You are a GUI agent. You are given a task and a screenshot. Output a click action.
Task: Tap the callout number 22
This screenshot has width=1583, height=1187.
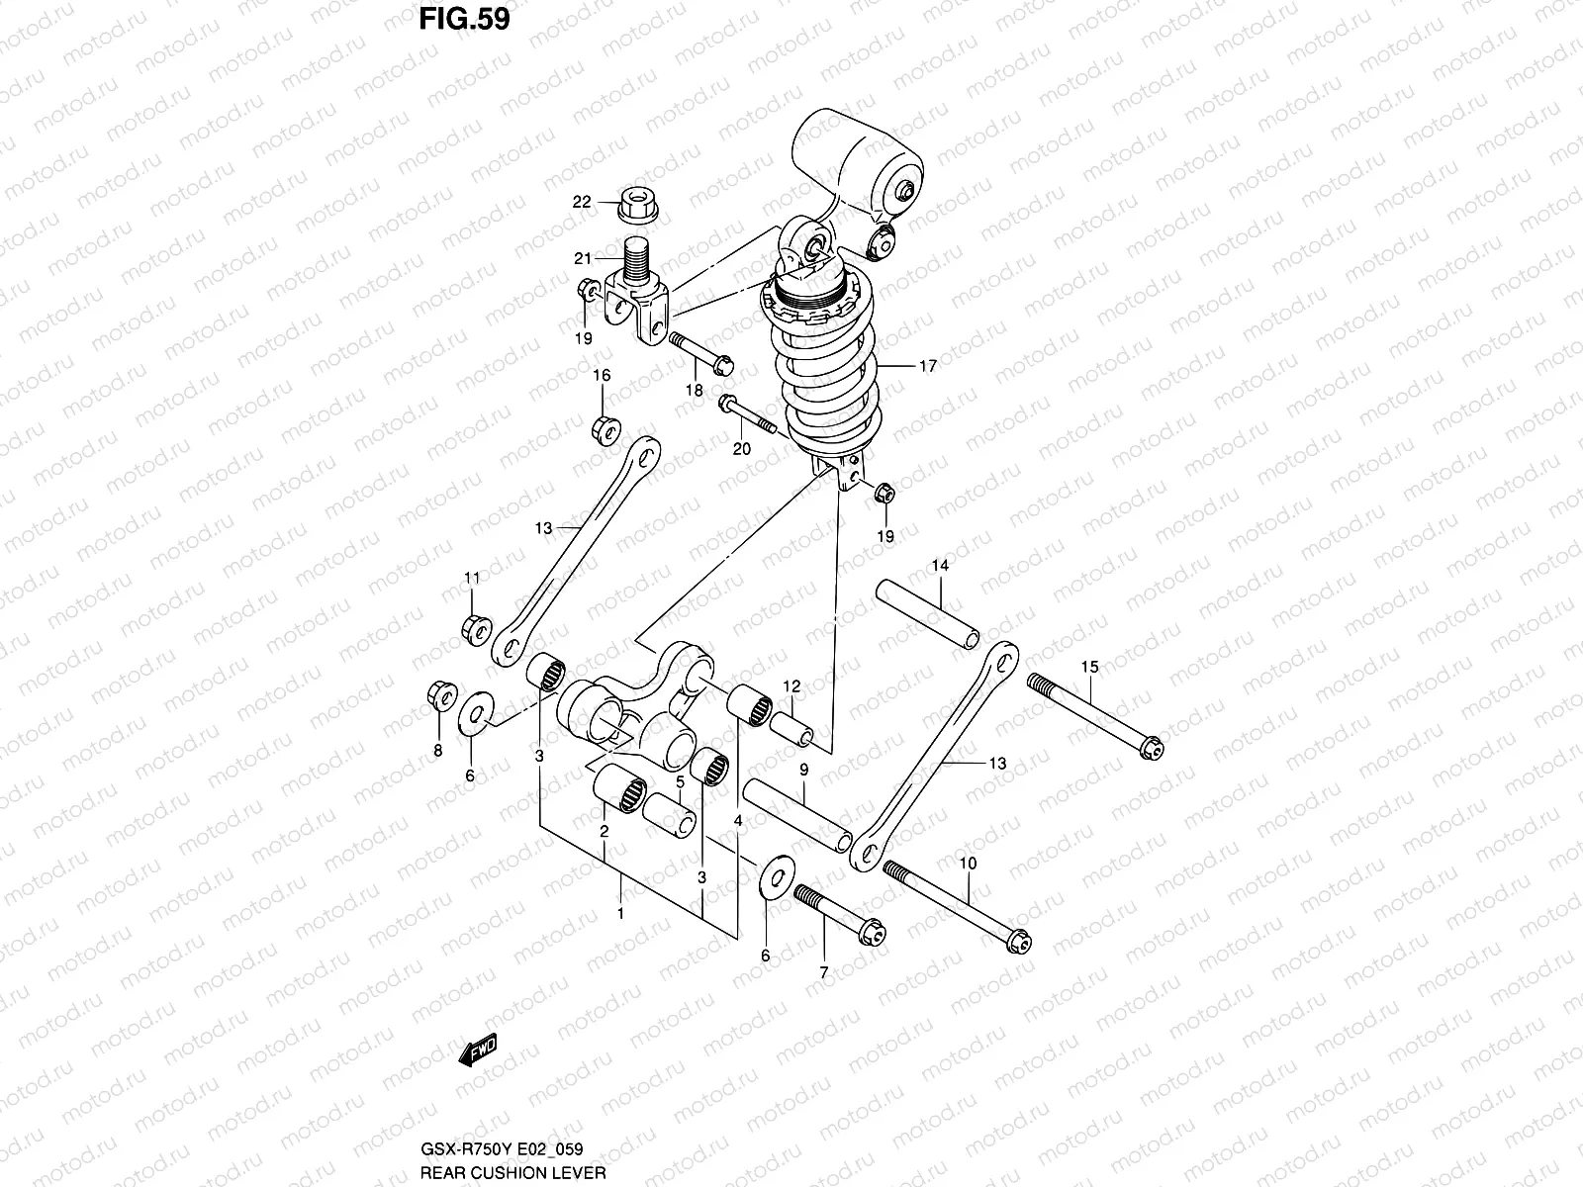tap(582, 202)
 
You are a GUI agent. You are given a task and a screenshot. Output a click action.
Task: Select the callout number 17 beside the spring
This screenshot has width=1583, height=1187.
tap(926, 366)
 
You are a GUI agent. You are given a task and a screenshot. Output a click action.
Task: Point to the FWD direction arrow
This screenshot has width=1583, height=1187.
tap(477, 1050)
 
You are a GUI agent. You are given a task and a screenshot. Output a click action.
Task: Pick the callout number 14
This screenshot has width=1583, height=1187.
tap(939, 566)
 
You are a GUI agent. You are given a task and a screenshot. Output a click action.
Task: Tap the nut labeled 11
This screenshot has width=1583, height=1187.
tap(473, 626)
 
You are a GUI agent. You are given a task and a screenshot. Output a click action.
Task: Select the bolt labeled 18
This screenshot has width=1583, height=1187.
tap(700, 353)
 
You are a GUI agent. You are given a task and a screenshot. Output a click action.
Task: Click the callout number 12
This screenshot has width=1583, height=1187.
tap(792, 685)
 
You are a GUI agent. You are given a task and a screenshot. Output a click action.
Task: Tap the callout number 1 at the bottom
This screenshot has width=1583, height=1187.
tap(620, 913)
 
